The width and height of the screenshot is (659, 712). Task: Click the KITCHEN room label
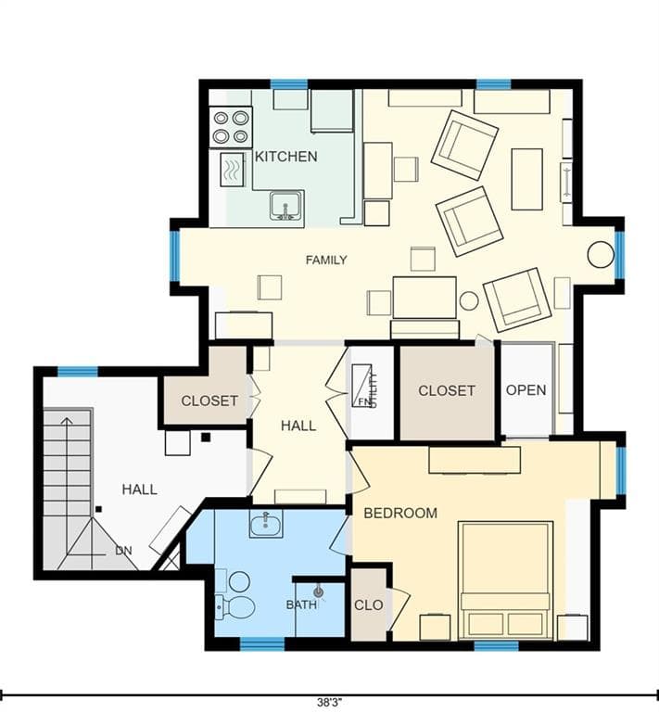[285, 157]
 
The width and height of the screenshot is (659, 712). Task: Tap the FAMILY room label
[326, 261]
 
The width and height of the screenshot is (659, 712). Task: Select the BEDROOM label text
[400, 513]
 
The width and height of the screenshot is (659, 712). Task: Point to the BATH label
[301, 604]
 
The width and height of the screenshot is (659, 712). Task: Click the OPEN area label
[526, 390]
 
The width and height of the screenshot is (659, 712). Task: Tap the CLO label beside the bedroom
[369, 604]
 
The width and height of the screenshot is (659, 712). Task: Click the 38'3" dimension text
[330, 702]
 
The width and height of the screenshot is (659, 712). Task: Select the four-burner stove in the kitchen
[231, 127]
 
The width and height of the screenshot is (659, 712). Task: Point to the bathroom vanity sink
[266, 523]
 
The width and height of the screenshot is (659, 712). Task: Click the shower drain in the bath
[319, 591]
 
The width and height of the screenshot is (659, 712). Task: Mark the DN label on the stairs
[123, 551]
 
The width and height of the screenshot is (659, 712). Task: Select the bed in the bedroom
[505, 580]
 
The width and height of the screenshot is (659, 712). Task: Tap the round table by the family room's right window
[601, 254]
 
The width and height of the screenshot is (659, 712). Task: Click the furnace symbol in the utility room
[362, 386]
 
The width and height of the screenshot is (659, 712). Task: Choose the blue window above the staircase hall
[78, 372]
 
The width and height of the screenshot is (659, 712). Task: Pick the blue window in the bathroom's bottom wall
[262, 644]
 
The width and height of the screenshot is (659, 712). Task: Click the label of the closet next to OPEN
[447, 390]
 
